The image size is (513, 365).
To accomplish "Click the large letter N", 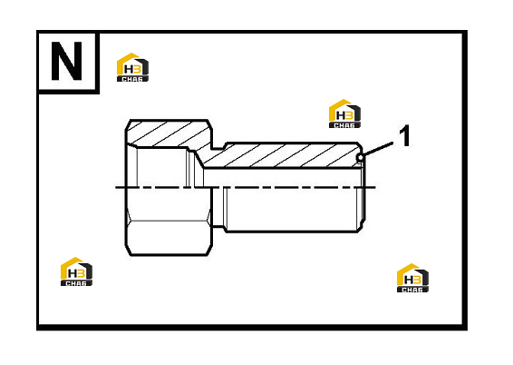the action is (x=66, y=61).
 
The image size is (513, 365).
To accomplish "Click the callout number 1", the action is (x=405, y=135).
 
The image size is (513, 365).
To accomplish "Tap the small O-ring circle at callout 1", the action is (x=360, y=158).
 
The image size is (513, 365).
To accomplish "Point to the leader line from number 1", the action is (x=378, y=149).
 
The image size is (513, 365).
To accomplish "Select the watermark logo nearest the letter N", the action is (x=132, y=67).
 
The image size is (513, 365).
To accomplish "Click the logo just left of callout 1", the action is (x=344, y=113).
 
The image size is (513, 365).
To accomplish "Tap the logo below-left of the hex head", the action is (x=76, y=271).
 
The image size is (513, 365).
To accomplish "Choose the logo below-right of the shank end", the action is (x=412, y=278).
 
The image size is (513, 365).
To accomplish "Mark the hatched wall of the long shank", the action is (x=281, y=155).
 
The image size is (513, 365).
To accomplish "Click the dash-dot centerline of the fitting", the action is (x=246, y=188).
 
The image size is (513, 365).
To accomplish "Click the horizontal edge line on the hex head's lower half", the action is (x=168, y=221).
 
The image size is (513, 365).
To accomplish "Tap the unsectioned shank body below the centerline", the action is (x=293, y=210).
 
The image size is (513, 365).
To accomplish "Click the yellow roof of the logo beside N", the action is (x=129, y=59).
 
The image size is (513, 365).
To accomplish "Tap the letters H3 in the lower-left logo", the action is (x=76, y=272).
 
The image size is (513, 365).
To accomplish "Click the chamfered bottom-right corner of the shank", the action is (x=361, y=228).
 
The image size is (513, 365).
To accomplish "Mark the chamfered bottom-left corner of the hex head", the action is (x=129, y=250).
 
